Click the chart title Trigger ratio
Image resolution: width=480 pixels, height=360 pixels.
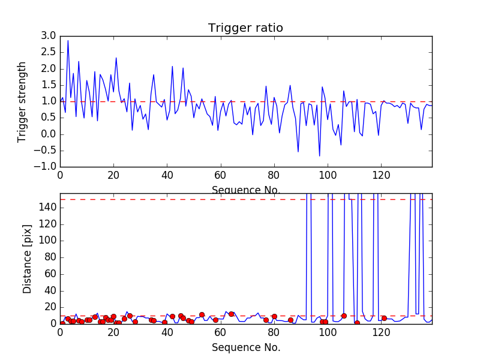pyautogui.click(x=245, y=28)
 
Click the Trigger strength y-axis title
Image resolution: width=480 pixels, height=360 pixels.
pyautogui.click(x=22, y=101)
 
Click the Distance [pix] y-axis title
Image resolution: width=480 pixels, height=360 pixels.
pyautogui.click(x=28, y=259)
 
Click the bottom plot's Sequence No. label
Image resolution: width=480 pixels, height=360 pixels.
pyautogui.click(x=246, y=347)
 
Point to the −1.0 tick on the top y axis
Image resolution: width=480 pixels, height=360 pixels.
pyautogui.click(x=47, y=166)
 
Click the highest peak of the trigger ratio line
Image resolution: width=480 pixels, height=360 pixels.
pyautogui.click(x=68, y=41)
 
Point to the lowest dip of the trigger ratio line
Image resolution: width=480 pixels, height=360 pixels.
pyautogui.click(x=319, y=156)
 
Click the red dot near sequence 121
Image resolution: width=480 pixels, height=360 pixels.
pyautogui.click(x=384, y=318)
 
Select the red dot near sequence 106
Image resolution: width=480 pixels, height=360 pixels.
pyautogui.click(x=344, y=316)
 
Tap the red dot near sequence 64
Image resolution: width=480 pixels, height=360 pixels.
pyautogui.click(x=231, y=314)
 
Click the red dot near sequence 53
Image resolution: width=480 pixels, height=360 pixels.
pyautogui.click(x=202, y=314)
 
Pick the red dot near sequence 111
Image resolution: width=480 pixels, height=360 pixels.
pyautogui.click(x=357, y=323)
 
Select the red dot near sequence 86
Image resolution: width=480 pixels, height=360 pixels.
pyautogui.click(x=290, y=320)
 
